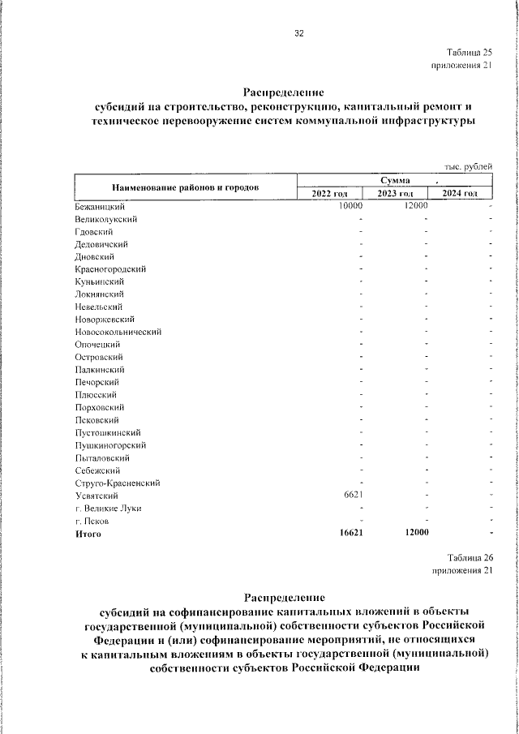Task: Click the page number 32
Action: tap(299, 33)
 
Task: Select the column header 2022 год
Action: tap(329, 193)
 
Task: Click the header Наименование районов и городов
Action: tap(185, 187)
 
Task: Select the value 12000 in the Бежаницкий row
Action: tap(415, 206)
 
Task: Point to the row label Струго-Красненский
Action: tap(117, 483)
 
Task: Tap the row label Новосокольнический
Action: tap(118, 332)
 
